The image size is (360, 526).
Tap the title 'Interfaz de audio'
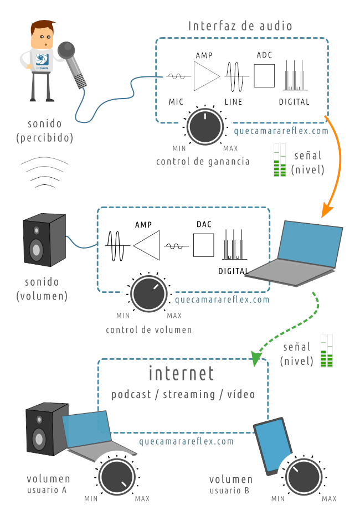(240, 26)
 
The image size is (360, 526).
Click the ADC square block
(264, 76)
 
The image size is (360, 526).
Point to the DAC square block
(203, 245)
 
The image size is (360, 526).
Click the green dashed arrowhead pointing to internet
(255, 359)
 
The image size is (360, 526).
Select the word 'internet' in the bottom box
(181, 373)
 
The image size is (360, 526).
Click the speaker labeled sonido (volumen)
(42, 242)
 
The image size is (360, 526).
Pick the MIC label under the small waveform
(176, 102)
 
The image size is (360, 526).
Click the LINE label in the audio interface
(233, 102)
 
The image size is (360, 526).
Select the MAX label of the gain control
(230, 149)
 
